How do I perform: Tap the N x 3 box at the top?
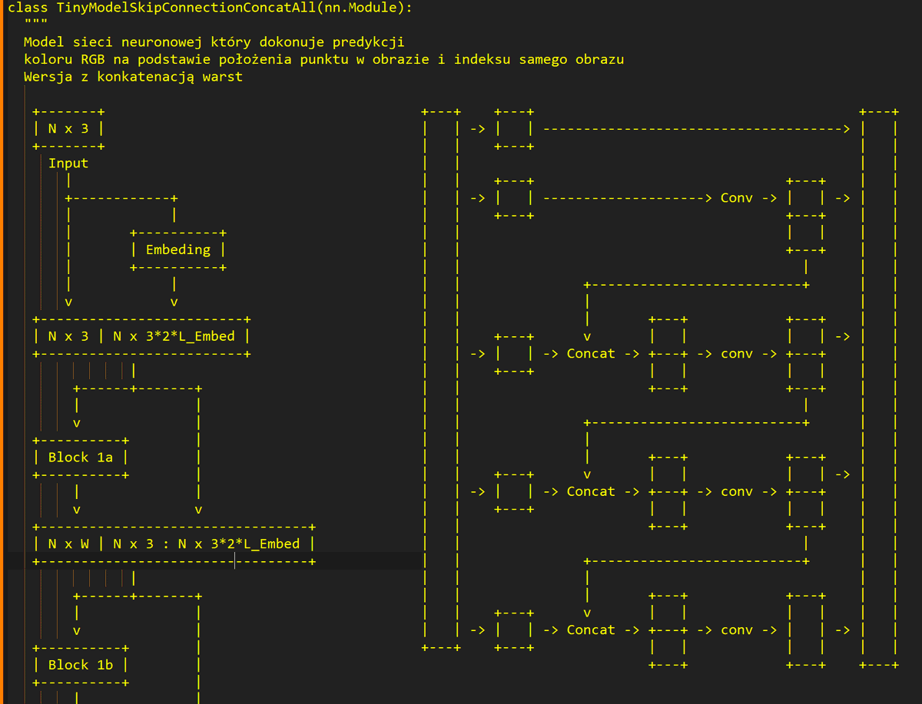(68, 129)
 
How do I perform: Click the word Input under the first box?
(68, 163)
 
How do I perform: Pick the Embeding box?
(177, 250)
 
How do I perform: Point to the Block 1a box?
(80, 458)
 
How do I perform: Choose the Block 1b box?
(80, 665)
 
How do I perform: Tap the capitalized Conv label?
(737, 198)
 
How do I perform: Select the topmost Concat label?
(591, 354)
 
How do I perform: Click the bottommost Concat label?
(591, 630)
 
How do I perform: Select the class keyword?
(28, 8)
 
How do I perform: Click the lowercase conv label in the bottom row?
(737, 630)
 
